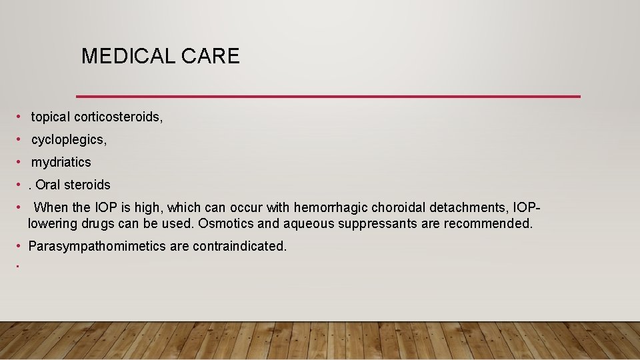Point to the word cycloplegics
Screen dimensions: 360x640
point(69,140)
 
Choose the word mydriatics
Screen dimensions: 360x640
point(61,162)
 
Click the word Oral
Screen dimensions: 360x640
point(48,185)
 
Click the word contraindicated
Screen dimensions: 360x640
point(240,246)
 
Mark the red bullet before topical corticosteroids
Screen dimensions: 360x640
point(21,117)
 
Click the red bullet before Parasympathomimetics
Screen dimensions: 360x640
point(20,246)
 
